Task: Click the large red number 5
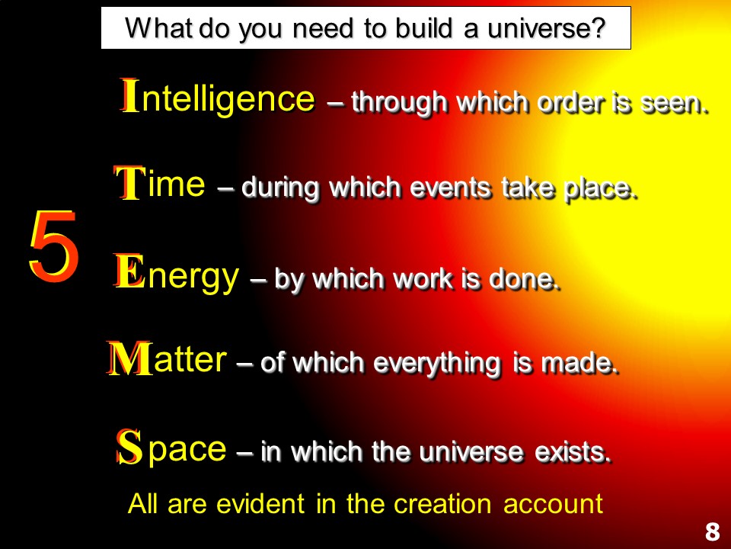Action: click(53, 246)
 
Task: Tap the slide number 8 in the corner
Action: click(712, 531)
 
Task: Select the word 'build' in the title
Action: click(424, 27)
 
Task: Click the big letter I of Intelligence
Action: click(129, 96)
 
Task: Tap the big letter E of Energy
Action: click(129, 271)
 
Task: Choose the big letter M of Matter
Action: click(129, 358)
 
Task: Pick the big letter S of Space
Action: click(129, 447)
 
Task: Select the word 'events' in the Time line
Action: click(450, 188)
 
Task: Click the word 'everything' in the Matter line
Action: click(437, 364)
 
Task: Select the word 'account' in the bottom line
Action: click(554, 505)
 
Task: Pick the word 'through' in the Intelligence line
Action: click(399, 103)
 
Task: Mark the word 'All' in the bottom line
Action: click(142, 504)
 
